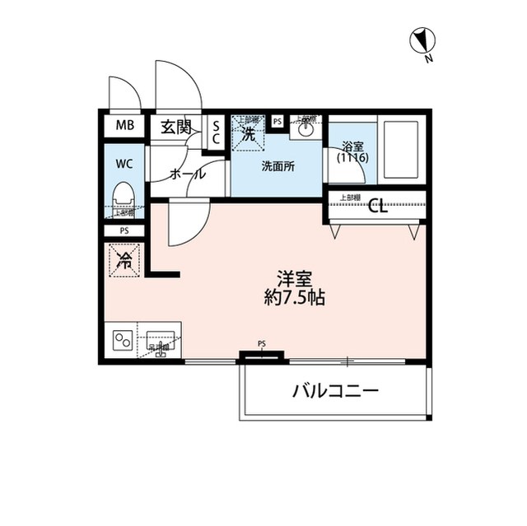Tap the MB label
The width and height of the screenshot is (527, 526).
click(x=124, y=126)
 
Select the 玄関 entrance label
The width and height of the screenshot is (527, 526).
click(x=175, y=127)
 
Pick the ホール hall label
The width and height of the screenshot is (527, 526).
click(x=188, y=174)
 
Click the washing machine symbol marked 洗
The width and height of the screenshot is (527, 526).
click(x=248, y=133)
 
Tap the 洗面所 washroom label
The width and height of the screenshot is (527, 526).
click(x=278, y=165)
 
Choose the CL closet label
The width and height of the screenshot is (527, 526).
click(x=378, y=206)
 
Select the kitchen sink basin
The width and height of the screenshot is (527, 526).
click(x=161, y=339)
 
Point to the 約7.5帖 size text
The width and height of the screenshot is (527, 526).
click(x=293, y=298)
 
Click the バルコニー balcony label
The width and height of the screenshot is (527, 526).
click(x=336, y=391)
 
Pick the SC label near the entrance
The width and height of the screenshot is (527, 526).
click(x=217, y=132)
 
